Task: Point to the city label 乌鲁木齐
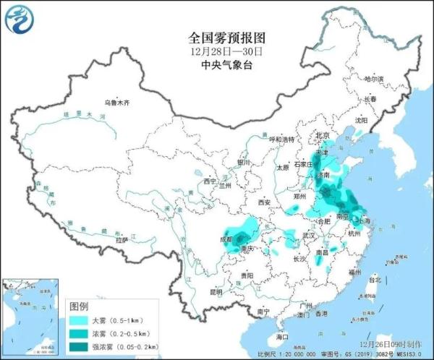pos(116,103)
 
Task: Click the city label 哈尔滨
pos(374,78)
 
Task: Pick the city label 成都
pos(228,238)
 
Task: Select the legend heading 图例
pos(80,307)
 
